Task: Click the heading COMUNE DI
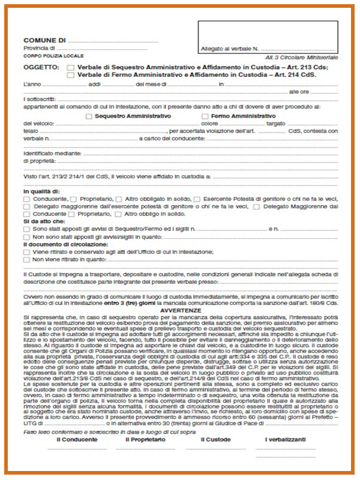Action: coord(45,40)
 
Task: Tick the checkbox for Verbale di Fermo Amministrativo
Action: coord(71,76)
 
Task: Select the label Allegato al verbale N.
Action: coord(230,48)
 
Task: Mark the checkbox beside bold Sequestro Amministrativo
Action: coord(90,116)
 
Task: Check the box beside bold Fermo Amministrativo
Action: coord(206,116)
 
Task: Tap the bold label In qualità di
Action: coord(41,191)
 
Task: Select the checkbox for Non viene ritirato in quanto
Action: coord(26,260)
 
